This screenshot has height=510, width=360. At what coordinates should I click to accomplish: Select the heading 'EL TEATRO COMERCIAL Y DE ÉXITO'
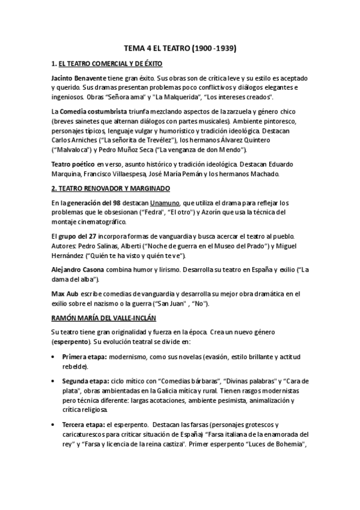[x=111, y=63]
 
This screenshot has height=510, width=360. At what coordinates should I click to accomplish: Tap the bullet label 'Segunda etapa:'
[x=85, y=382]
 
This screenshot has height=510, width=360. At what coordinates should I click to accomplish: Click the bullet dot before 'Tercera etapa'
[x=54, y=425]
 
